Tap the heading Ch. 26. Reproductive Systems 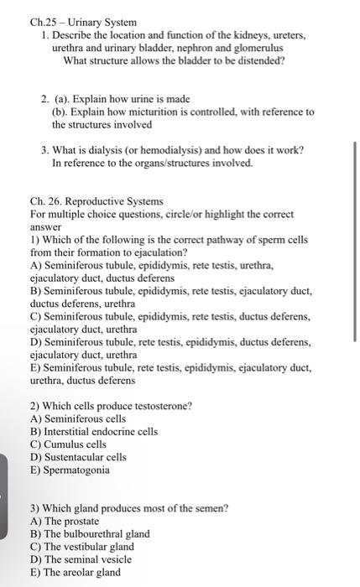click(97, 202)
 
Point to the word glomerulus click(256, 48)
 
